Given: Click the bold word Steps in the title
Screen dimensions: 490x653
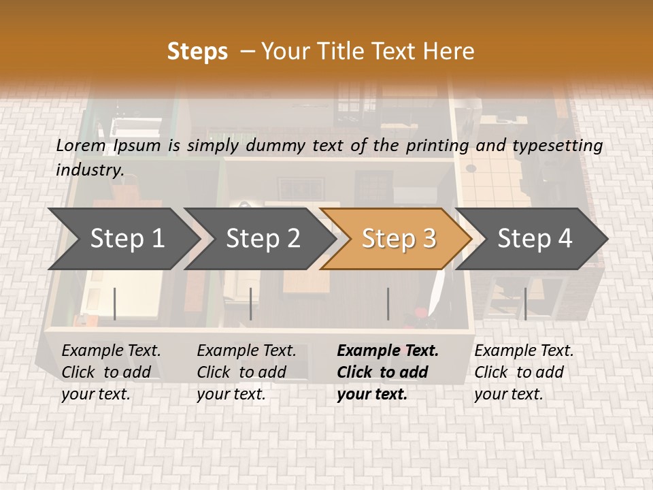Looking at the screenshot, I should (197, 52).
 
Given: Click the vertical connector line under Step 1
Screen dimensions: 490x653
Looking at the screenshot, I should (115, 304).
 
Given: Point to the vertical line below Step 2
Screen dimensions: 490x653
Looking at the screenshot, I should (251, 304).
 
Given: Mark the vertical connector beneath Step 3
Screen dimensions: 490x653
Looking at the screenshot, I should (388, 304).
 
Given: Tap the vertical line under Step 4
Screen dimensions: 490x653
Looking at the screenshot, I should (525, 304).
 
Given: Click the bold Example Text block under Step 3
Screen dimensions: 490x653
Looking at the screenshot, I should (388, 372).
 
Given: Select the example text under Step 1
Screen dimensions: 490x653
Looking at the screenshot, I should (111, 372).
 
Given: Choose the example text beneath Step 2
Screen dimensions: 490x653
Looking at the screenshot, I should (246, 372).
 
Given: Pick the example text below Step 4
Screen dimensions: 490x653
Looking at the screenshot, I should (524, 372).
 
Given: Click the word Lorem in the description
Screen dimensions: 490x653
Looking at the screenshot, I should (81, 145).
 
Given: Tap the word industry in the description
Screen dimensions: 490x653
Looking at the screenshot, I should (90, 169).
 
